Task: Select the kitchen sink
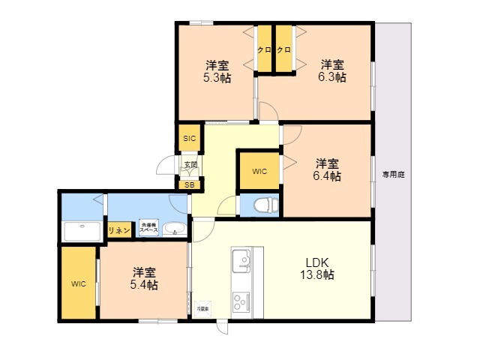coord(242,262)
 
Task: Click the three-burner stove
coord(241,301)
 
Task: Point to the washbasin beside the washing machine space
coord(174,229)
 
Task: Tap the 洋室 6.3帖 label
coord(333,70)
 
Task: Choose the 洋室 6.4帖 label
coord(327,169)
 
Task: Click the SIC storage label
coord(188,138)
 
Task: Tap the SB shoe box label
coord(188,184)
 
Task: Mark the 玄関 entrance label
coord(190,164)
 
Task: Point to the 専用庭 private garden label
coord(393,174)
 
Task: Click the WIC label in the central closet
coord(259,172)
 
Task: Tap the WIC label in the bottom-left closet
coord(79,283)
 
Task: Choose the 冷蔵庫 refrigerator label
coord(203,308)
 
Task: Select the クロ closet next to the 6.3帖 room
coord(283,49)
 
